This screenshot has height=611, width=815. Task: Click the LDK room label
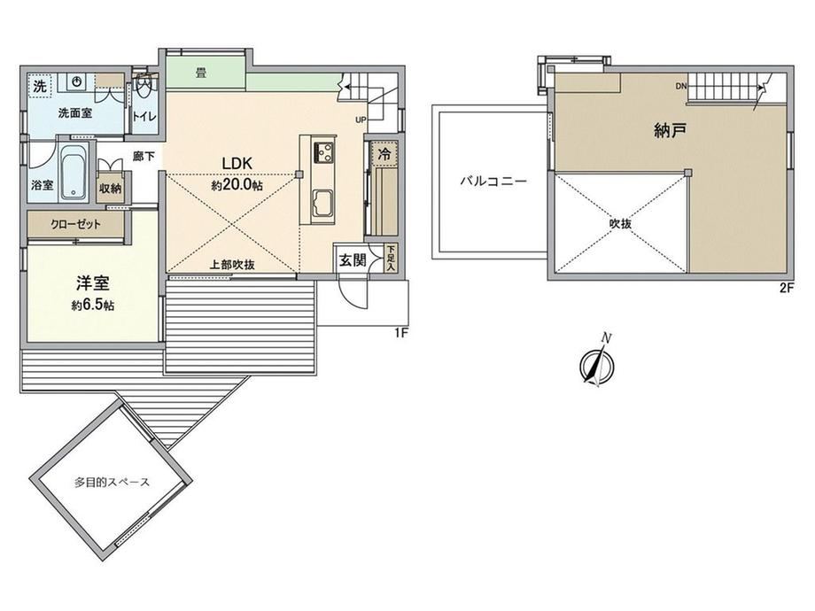(x=237, y=163)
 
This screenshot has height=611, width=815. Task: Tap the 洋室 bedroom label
(x=92, y=283)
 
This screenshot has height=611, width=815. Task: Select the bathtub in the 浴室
(x=74, y=172)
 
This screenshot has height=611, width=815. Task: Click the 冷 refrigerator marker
(x=384, y=154)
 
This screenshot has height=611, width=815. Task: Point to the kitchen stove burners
(x=323, y=151)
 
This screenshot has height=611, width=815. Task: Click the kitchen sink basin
(x=322, y=203)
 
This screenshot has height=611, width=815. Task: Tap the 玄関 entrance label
(x=353, y=259)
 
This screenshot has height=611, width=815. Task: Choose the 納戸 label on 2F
(x=670, y=130)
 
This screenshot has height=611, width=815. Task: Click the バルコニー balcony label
(x=493, y=182)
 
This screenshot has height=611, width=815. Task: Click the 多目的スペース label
(x=112, y=482)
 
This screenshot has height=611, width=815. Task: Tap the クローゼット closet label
(x=76, y=224)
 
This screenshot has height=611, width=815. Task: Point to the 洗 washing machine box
(x=40, y=86)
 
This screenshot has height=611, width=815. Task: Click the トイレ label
(x=144, y=116)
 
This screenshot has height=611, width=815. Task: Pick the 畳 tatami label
(x=200, y=73)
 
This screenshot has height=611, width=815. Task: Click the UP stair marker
(x=361, y=120)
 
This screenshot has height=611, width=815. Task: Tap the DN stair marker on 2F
(x=681, y=86)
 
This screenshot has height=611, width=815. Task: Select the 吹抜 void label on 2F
(x=620, y=224)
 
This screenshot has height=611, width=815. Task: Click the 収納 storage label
(x=110, y=188)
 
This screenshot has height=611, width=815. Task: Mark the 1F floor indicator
(x=400, y=333)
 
